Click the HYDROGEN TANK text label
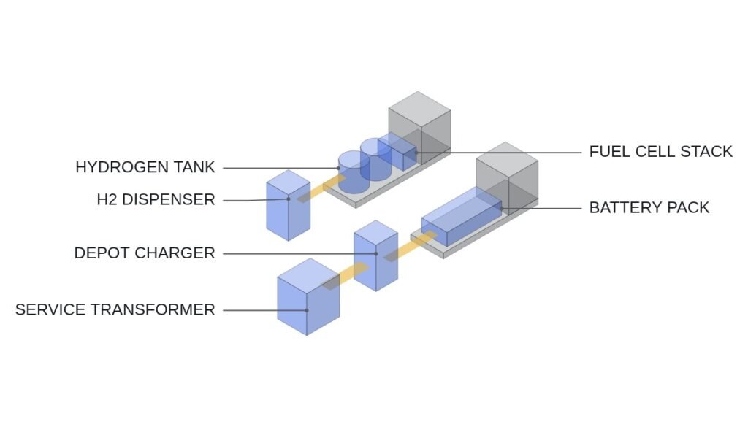[145, 167]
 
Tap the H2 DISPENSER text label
[156, 199]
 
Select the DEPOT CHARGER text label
[145, 253]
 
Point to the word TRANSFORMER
[153, 309]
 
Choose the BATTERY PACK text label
[649, 208]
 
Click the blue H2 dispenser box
[288, 205]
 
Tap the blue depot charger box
[376, 255]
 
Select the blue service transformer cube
[308, 297]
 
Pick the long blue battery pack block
[462, 216]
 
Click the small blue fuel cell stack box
[397, 152]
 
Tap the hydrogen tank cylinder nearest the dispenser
[354, 172]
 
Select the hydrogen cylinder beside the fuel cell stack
[376, 159]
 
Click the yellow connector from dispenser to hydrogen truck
[321, 189]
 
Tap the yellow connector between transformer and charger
[345, 276]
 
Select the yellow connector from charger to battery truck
[410, 246]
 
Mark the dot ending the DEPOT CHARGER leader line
[376, 253]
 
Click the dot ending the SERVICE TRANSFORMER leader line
[307, 310]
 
